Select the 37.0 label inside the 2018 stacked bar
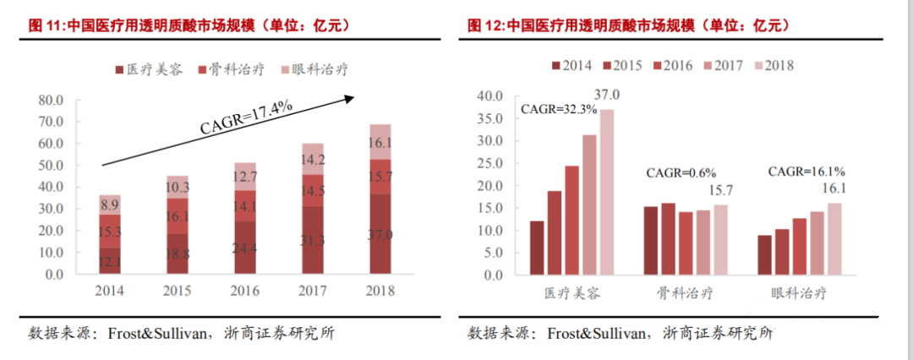380,235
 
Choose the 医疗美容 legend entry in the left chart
147,69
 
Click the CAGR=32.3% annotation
559,109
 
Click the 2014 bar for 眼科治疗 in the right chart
764,255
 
